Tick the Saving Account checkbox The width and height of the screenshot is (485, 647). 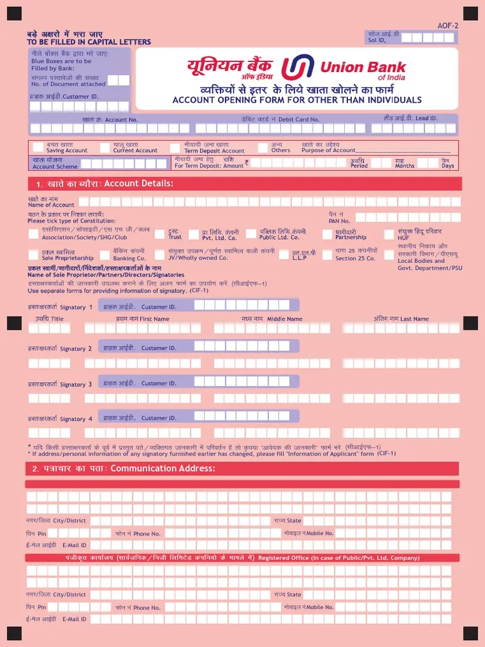click(38, 148)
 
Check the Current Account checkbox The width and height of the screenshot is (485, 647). click(105, 148)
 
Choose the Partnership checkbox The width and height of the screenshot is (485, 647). click(327, 234)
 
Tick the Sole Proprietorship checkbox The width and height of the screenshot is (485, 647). click(33, 255)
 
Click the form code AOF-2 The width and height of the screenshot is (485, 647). click(447, 25)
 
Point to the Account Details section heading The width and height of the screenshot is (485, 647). click(138, 183)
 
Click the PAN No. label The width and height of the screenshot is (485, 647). click(339, 221)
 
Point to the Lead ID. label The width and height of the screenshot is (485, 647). click(426, 118)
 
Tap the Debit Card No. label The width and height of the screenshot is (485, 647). click(299, 119)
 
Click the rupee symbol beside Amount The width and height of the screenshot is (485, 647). click(247, 162)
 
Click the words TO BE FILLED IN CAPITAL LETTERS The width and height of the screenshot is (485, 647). click(88, 42)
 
